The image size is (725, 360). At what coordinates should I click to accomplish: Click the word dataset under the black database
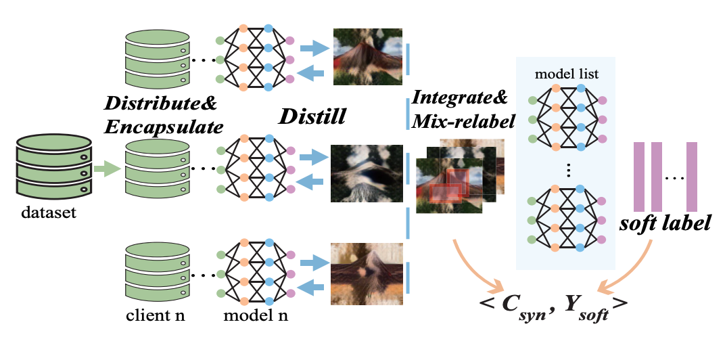48,215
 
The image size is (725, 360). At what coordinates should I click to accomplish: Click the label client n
155,316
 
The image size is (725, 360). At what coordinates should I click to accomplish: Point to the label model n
254,316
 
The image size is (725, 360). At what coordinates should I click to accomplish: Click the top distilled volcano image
367,56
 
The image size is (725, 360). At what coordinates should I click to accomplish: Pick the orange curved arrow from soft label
633,267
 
